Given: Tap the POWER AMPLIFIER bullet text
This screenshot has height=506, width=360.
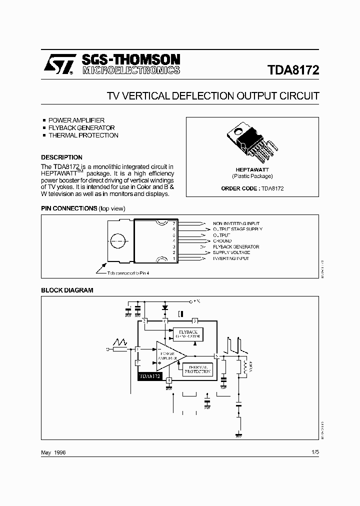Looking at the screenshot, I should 76,120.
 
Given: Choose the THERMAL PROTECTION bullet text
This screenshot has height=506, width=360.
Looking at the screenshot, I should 83,135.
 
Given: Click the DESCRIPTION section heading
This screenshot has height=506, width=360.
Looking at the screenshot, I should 61,157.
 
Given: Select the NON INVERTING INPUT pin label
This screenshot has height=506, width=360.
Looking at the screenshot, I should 236,223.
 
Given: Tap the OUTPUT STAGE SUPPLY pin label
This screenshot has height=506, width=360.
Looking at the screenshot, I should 237,229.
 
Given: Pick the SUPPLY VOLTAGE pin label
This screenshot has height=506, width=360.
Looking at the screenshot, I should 231,252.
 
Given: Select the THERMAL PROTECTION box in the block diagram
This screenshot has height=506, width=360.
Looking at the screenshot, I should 198,369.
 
